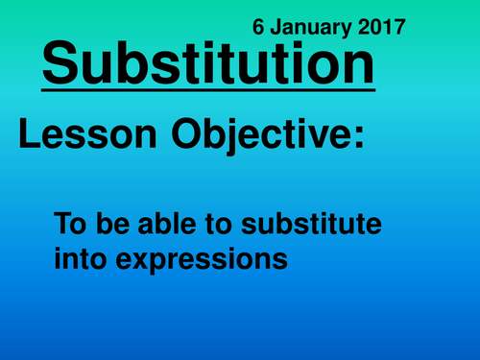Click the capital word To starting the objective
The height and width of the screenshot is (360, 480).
coord(69,227)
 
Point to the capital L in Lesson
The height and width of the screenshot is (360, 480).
coord(28,136)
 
